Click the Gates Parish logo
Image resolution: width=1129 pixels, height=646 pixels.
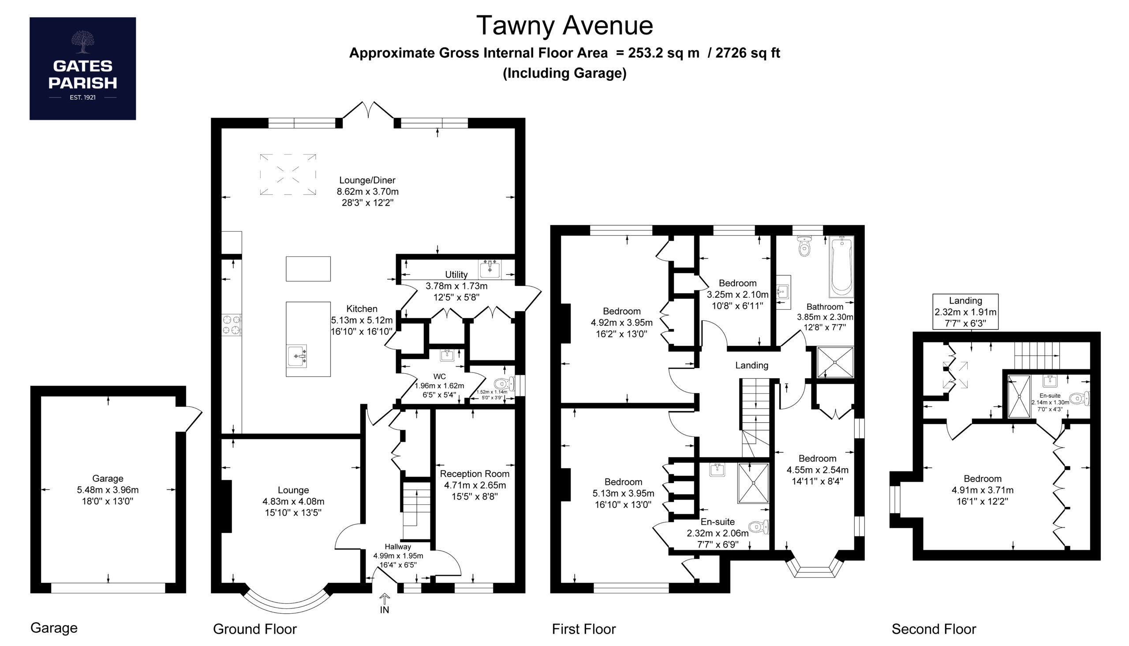coord(82,68)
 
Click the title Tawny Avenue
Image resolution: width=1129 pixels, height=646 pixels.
coord(564,26)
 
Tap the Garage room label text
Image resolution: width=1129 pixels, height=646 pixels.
coord(108,478)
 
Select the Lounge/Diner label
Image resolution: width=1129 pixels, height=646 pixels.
coord(367,180)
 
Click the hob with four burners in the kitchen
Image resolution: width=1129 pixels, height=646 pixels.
coord(232,325)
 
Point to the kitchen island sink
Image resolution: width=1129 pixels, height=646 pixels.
coord(297,356)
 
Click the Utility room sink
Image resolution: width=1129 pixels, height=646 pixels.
coord(490,269)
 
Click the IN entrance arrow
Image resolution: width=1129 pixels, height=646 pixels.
coord(385,600)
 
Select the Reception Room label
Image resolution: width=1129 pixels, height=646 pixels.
coord(475,474)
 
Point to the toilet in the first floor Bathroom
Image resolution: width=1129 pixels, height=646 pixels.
coord(804,246)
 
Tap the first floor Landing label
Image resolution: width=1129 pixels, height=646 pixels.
coord(751,365)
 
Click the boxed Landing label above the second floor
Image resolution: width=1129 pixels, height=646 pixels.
coord(965,312)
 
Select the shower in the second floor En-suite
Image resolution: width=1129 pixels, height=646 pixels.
coord(1019,396)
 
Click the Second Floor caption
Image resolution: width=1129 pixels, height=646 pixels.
coord(934,629)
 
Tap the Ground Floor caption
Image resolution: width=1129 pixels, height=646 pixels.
coord(254,629)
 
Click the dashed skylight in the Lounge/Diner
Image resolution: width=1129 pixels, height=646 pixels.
coord(288,174)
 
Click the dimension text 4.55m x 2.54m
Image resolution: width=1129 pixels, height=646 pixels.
coord(817,469)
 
